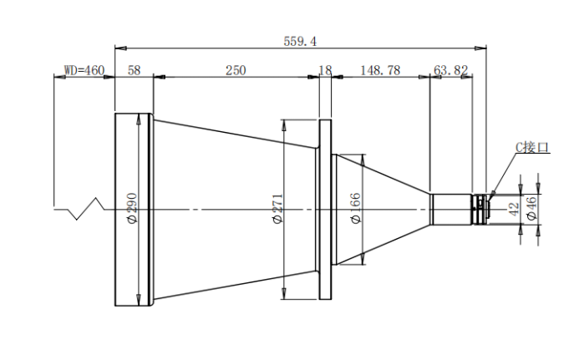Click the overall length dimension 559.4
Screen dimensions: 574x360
(300, 41)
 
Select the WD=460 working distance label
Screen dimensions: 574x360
(84, 70)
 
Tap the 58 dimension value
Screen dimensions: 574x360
(134, 70)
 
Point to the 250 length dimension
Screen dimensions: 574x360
(236, 70)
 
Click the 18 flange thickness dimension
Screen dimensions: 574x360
(325, 70)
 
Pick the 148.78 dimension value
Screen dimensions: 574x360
(380, 70)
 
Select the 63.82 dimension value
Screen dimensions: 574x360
(450, 70)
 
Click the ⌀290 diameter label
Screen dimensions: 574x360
(131, 208)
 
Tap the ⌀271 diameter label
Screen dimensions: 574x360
(278, 208)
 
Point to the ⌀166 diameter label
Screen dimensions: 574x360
(356, 208)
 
